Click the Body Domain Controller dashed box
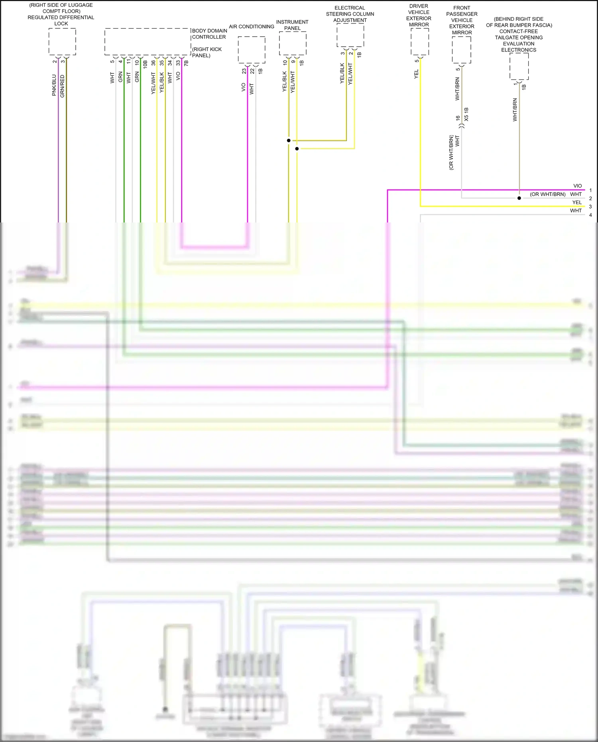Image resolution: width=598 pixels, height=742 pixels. (x=148, y=42)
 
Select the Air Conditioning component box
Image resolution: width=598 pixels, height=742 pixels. (x=252, y=50)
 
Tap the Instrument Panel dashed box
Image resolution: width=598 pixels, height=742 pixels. (x=293, y=43)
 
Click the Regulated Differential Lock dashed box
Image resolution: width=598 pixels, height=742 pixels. (x=62, y=41)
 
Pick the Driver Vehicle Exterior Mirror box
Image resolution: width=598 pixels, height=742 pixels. (x=420, y=42)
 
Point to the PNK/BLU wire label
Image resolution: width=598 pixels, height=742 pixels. (x=54, y=85)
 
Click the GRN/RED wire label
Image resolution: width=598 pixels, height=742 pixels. (x=62, y=86)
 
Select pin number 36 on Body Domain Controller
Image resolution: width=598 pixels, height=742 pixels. (x=153, y=63)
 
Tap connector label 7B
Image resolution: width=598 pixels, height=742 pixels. (x=186, y=63)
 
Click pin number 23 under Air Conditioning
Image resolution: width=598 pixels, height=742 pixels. (x=244, y=71)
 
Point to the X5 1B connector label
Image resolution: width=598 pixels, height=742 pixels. (x=466, y=114)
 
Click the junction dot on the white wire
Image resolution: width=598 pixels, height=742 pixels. (x=519, y=198)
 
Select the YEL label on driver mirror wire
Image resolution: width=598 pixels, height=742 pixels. (x=416, y=74)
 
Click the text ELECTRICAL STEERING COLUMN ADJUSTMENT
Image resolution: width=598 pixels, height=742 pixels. (x=350, y=14)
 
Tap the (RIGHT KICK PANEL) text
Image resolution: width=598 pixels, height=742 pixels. (x=207, y=52)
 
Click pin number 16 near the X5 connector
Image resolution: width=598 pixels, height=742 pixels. (x=458, y=118)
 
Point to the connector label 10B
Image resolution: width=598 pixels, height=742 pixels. (x=145, y=64)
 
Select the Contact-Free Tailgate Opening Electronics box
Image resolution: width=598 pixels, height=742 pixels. (x=519, y=66)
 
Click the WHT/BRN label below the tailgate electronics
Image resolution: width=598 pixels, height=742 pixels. (x=515, y=110)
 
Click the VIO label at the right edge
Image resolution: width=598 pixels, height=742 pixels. (x=577, y=186)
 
